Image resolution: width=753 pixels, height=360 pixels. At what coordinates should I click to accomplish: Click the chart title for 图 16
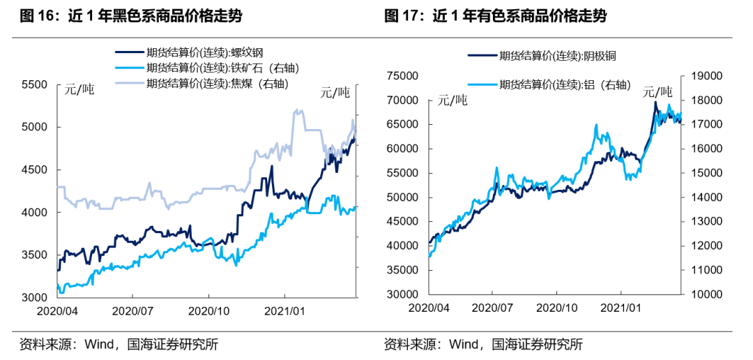[x=132, y=16]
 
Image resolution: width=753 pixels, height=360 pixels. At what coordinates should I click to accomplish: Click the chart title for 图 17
[x=496, y=16]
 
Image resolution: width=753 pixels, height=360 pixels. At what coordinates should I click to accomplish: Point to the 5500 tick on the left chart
[x=36, y=85]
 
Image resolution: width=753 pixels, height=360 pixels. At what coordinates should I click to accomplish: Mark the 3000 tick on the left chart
[x=36, y=297]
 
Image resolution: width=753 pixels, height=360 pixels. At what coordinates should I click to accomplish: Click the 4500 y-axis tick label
[x=36, y=170]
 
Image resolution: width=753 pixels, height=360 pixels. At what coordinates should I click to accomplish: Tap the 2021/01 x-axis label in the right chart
[x=621, y=308]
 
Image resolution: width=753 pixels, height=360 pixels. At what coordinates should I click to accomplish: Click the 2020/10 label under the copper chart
[x=558, y=308]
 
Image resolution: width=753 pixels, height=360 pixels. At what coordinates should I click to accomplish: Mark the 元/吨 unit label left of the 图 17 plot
[x=454, y=100]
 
